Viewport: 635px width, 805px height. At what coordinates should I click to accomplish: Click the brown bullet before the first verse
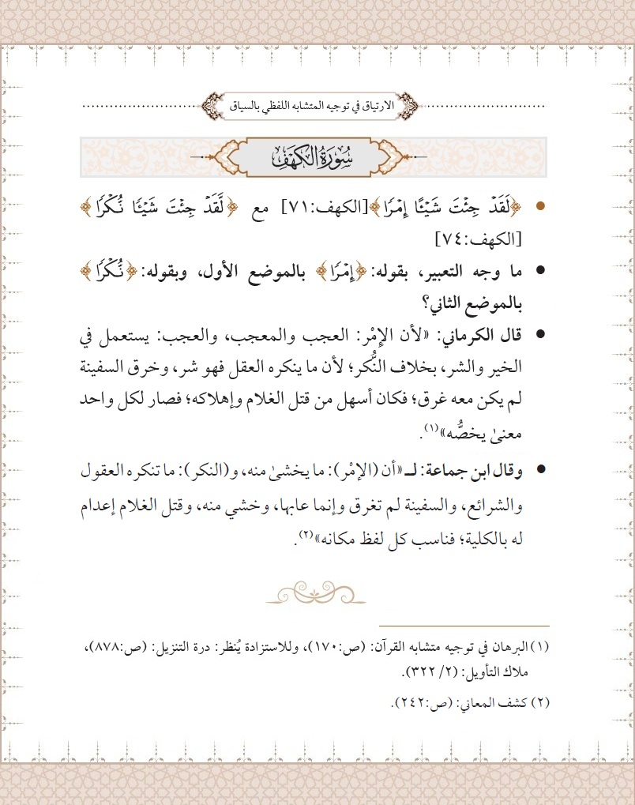click(540, 207)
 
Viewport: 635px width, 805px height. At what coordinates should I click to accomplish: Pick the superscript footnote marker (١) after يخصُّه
click(430, 427)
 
